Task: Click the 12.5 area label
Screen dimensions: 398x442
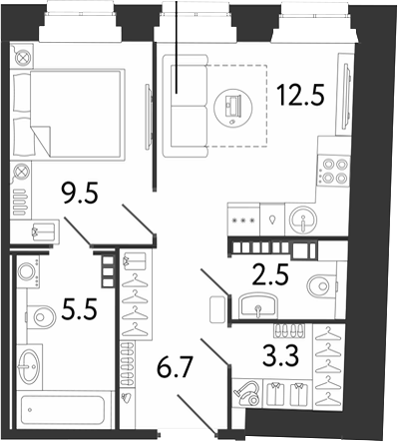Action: tap(301, 95)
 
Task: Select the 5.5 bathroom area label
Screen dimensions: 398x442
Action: tap(79, 308)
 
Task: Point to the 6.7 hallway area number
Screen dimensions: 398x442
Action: tap(176, 368)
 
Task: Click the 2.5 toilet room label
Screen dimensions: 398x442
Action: tap(269, 274)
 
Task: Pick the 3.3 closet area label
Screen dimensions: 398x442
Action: tap(280, 355)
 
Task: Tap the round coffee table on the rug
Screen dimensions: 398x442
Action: tap(232, 107)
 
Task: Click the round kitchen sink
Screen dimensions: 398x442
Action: tap(303, 220)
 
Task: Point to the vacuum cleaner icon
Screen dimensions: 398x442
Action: tap(247, 393)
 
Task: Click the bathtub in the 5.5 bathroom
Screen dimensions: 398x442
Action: tap(63, 410)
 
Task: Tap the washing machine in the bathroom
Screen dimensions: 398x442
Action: tap(28, 271)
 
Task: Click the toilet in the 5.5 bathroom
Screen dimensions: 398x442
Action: tap(41, 317)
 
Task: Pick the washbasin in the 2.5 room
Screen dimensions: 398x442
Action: tap(257, 305)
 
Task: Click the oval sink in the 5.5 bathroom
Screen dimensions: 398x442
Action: tap(29, 367)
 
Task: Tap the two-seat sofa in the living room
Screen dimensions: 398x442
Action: tap(185, 106)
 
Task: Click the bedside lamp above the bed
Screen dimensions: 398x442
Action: tap(22, 58)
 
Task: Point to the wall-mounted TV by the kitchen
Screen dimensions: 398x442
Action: tap(347, 99)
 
